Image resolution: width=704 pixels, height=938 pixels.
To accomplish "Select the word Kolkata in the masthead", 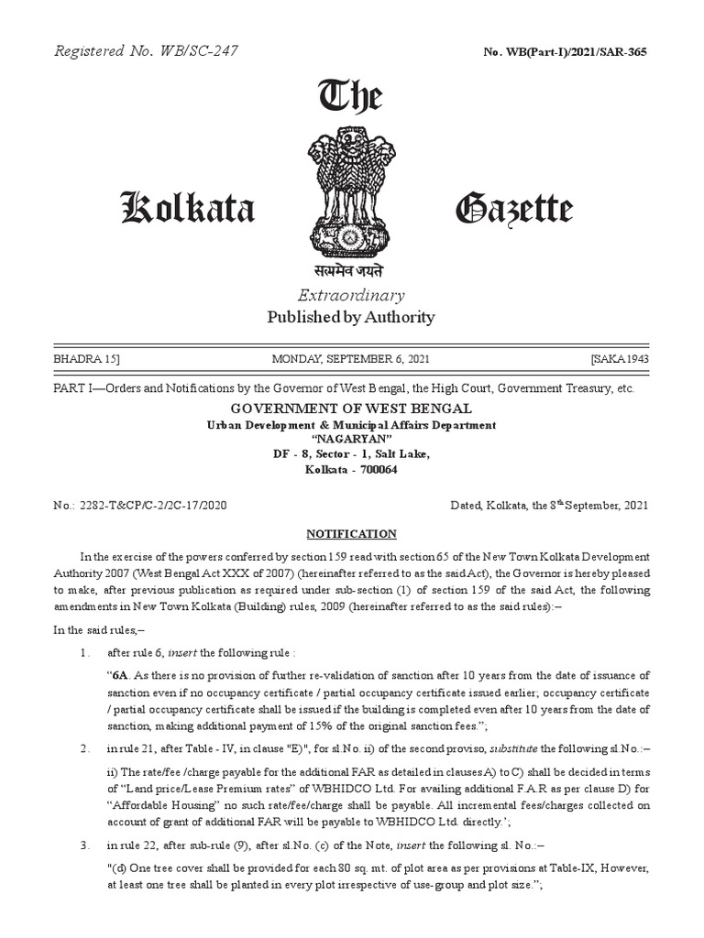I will pos(188,210).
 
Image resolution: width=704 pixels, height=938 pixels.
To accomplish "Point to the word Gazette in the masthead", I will pos(514,210).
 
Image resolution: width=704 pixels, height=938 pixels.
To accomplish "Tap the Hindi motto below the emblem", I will pos(350,271).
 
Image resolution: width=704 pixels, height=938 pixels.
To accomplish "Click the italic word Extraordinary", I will pos(350,295).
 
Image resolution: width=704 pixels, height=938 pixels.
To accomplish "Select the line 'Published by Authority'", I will pos(350,317).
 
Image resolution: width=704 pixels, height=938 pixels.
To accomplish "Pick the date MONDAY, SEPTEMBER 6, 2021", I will pos(351,358).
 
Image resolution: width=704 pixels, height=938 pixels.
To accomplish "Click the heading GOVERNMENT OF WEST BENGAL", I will pos(351,409).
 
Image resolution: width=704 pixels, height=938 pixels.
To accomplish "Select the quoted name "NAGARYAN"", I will pos(351,439).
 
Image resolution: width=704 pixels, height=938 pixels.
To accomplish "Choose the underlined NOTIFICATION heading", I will pos(351,533).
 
